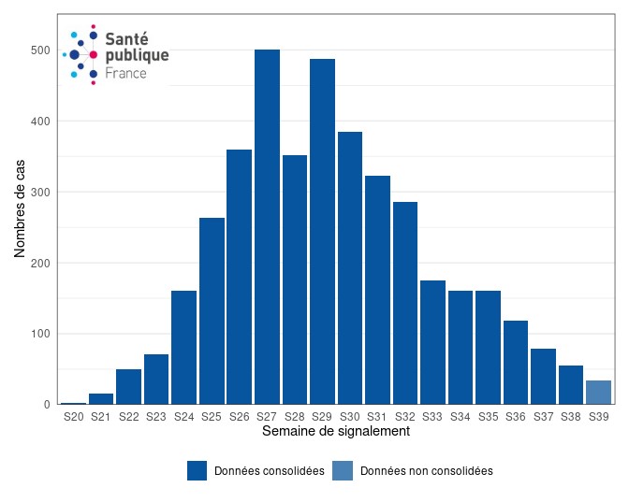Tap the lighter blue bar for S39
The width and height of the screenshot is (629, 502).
pos(598,393)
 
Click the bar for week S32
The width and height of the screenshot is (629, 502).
pos(405,303)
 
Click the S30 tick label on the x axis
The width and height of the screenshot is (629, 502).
pos(350,417)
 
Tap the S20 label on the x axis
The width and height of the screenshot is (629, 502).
pos(73,417)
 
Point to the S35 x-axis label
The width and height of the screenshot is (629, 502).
pos(488,417)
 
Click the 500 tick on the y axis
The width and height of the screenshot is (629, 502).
pos(39,50)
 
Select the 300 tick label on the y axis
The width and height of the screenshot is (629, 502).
pos(39,193)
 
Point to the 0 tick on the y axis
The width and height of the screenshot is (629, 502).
pos(46,405)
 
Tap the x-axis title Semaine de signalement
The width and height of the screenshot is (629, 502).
pos(335,432)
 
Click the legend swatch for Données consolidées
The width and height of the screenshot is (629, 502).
pos(197,471)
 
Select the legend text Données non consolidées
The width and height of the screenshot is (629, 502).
pos(426,471)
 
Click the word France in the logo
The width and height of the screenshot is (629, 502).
pos(125,73)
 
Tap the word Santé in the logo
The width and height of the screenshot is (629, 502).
pos(126,38)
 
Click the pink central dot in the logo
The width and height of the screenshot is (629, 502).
pos(94,55)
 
